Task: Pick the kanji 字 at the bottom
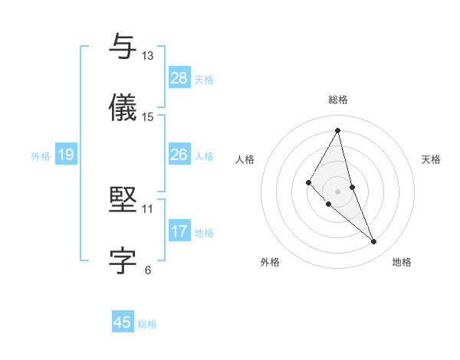[123, 261]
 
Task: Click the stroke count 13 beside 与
[148, 56]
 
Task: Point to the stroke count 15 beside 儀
[148, 117]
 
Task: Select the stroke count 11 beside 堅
[148, 208]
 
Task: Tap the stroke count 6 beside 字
[148, 270]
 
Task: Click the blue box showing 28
[179, 78]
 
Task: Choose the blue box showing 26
[179, 155]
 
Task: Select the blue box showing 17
[179, 231]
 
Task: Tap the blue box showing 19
[66, 155]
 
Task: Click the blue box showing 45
[123, 322]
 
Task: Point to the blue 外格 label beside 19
[41, 156]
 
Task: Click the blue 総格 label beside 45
[147, 324]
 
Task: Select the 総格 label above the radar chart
[338, 100]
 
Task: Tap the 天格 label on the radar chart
[432, 159]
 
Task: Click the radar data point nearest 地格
[374, 242]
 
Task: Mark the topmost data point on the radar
[338, 129]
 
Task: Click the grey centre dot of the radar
[338, 191]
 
